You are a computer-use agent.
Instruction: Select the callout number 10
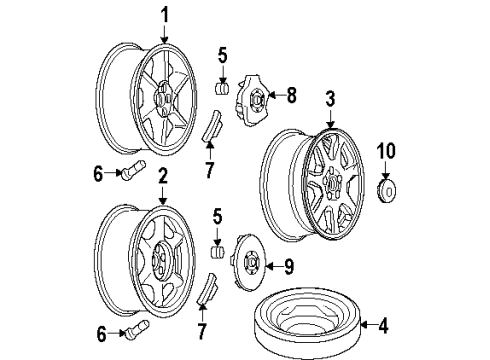[384, 153]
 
